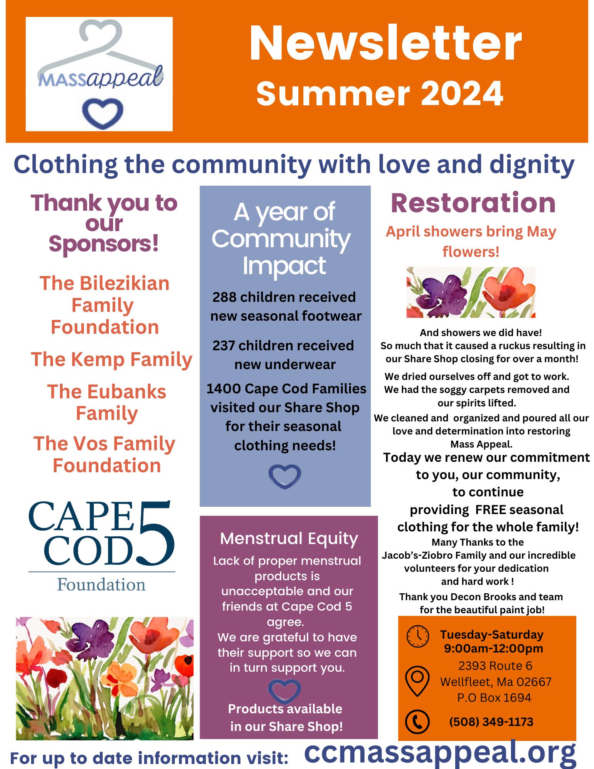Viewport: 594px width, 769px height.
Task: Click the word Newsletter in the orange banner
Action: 386,43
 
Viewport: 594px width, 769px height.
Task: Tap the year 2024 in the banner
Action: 462,93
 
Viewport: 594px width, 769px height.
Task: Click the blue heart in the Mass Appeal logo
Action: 103,113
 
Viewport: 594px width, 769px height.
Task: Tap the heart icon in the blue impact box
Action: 285,476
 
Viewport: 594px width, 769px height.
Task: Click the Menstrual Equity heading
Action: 289,538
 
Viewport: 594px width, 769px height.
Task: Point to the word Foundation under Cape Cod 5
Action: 101,584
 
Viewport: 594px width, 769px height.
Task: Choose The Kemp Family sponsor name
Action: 111,360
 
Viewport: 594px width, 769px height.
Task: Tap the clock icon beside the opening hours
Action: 418,636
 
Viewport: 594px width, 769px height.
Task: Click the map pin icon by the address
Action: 418,681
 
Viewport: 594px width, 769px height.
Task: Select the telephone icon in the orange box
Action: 418,721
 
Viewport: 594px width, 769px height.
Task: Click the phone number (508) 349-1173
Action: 491,722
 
